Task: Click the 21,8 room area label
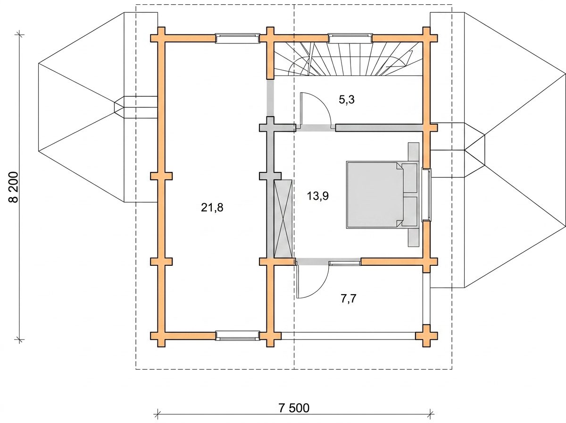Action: (212, 208)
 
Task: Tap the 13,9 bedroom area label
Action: (318, 196)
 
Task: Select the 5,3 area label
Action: (347, 100)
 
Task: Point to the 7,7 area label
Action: (349, 299)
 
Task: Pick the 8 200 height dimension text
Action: (15, 187)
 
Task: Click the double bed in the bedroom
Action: (382, 195)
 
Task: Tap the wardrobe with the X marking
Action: (283, 219)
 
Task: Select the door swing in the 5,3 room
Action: (316, 110)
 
